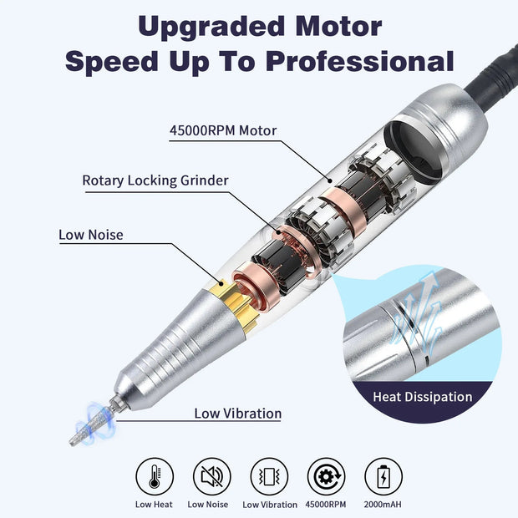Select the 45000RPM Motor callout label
(222, 129)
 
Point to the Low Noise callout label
(90, 235)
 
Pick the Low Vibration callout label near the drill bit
(237, 413)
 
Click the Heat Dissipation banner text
(422, 397)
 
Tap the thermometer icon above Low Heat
(155, 477)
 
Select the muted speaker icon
(211, 477)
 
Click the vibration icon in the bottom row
(269, 477)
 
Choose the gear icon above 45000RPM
(327, 477)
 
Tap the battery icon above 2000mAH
(383, 477)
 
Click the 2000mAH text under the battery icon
(383, 504)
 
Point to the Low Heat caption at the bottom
(155, 504)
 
